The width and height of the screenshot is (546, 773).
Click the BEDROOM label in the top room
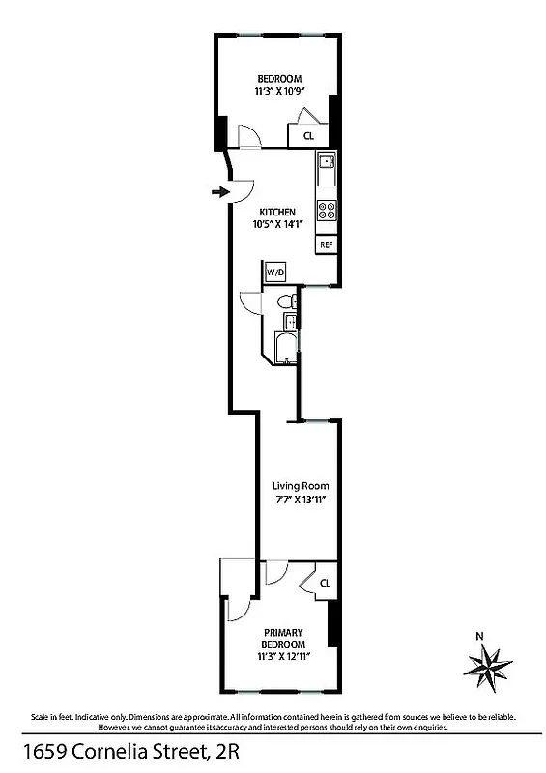click(279, 79)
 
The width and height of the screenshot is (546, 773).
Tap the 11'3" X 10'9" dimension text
click(279, 92)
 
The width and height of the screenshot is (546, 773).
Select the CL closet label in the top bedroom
click(309, 136)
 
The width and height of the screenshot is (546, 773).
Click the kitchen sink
click(327, 162)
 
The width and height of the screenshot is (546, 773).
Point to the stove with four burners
click(327, 209)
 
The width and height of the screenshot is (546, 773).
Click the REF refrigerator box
click(327, 244)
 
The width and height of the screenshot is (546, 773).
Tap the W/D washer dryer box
click(276, 273)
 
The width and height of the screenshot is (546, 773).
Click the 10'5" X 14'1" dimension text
click(277, 225)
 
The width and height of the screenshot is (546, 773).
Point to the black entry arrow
click(219, 192)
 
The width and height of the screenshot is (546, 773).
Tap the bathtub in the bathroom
click(286, 348)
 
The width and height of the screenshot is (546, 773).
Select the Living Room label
click(301, 486)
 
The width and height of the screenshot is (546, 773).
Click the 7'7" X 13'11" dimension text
click(301, 500)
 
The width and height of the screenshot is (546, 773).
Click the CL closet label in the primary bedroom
click(325, 583)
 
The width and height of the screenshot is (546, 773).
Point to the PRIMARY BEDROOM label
click(283, 639)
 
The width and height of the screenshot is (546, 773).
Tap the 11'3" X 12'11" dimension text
click(283, 657)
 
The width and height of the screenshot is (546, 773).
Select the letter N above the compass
click(480, 636)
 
